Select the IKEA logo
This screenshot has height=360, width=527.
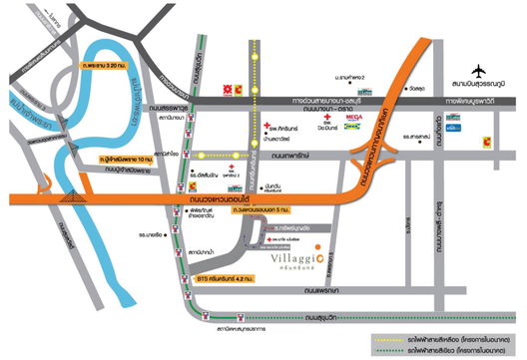(353, 128)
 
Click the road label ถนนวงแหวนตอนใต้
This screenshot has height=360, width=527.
(211, 200)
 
